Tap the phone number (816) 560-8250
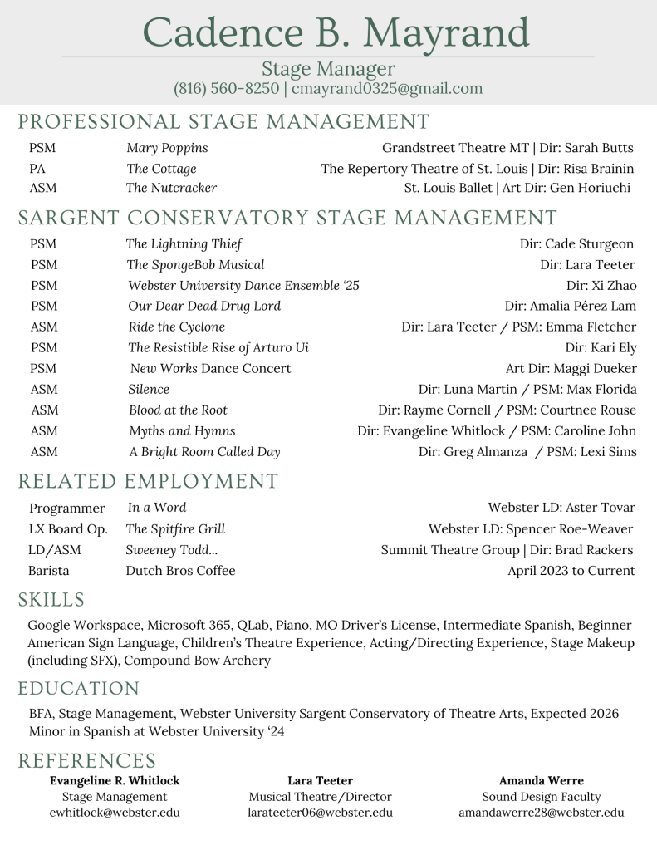(x=226, y=88)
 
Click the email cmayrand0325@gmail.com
(x=387, y=88)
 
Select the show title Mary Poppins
(x=167, y=148)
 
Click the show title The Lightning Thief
(x=184, y=244)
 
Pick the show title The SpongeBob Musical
(x=196, y=265)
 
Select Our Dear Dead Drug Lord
(x=204, y=306)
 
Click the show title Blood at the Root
(x=178, y=410)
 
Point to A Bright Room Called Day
(x=204, y=452)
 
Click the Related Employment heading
(x=148, y=481)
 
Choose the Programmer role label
(x=67, y=508)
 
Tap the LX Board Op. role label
(x=68, y=529)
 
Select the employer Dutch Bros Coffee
(x=180, y=571)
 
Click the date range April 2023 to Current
(x=571, y=571)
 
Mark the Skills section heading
(x=51, y=600)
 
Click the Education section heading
(x=79, y=689)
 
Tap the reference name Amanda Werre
(x=541, y=781)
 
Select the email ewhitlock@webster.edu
(x=115, y=813)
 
